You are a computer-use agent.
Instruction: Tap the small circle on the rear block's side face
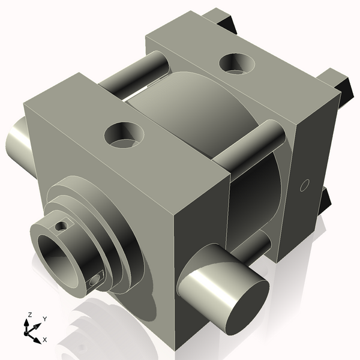(x=304, y=184)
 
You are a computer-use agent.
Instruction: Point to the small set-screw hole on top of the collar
(x=59, y=226)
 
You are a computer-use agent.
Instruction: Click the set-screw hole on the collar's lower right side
(x=95, y=279)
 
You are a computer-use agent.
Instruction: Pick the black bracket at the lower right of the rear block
(x=328, y=201)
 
